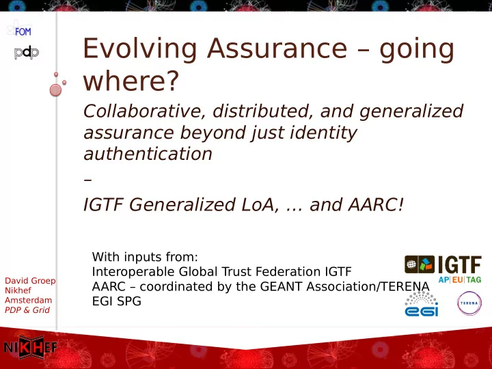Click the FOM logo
pos(19,29)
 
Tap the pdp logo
pos(27,53)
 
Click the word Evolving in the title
pos(139,49)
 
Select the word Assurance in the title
pos(277,49)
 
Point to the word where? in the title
pos(131,81)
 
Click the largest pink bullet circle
pos(55,90)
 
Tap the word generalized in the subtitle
pos(411,112)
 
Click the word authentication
pos(148,154)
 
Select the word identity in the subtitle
pos(323,133)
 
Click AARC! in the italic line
pos(376,204)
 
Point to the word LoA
pos(260,205)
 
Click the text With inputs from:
pos(145,257)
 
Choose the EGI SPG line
pos(117,301)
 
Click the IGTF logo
pos(443,269)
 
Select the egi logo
pos(422,303)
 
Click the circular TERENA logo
pos(469,303)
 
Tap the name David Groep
pos(30,281)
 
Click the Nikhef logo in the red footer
pos(31,347)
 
